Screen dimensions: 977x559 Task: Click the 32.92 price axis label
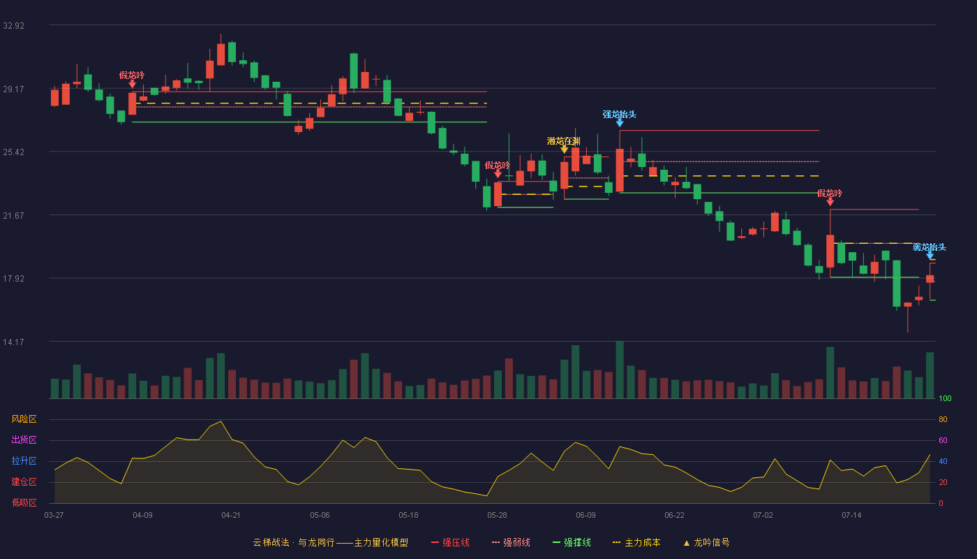pyautogui.click(x=13, y=26)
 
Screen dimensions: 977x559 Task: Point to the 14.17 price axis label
pyautogui.click(x=13, y=342)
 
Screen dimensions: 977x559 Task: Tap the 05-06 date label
pyautogui.click(x=320, y=516)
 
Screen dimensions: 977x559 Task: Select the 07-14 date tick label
pyautogui.click(x=851, y=516)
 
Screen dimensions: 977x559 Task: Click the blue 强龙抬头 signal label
pyautogui.click(x=620, y=115)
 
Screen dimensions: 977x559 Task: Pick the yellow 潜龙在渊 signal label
pyautogui.click(x=564, y=141)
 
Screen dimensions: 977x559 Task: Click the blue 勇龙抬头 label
pyautogui.click(x=930, y=247)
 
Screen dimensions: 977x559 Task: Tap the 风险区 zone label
pyautogui.click(x=24, y=419)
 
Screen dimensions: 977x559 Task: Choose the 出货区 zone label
pyautogui.click(x=24, y=440)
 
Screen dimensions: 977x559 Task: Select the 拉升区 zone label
pyautogui.click(x=24, y=460)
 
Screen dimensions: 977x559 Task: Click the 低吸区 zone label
pyautogui.click(x=24, y=502)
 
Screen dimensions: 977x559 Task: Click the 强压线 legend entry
pyautogui.click(x=450, y=542)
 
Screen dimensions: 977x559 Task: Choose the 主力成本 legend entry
pyautogui.click(x=636, y=542)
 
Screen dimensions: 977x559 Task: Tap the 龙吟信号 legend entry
pyautogui.click(x=706, y=542)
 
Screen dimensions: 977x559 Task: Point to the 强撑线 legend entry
pyautogui.click(x=572, y=542)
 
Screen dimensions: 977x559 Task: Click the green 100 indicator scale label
pyautogui.click(x=945, y=398)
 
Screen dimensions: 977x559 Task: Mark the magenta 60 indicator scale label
pyautogui.click(x=943, y=440)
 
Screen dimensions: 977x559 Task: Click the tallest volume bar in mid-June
pyautogui.click(x=620, y=370)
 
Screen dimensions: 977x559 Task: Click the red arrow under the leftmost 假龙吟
pyautogui.click(x=132, y=84)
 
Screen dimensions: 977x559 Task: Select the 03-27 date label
pyautogui.click(x=54, y=516)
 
